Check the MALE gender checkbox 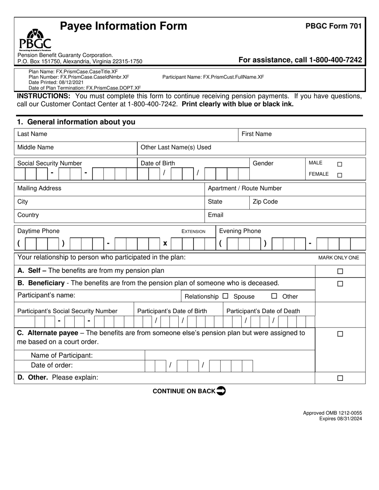coord(340,164)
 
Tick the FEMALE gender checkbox coord(340,175)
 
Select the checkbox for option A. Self coord(340,272)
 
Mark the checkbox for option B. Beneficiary coord(340,284)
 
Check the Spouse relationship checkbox coord(225,296)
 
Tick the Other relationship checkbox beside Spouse coord(274,296)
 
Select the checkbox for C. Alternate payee coord(340,335)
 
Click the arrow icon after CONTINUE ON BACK coord(221,391)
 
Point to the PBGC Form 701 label coord(334,26)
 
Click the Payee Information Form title coord(123,26)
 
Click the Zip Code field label coord(265,202)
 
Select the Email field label coord(216,215)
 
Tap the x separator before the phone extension coord(165,243)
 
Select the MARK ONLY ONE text coord(338,258)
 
